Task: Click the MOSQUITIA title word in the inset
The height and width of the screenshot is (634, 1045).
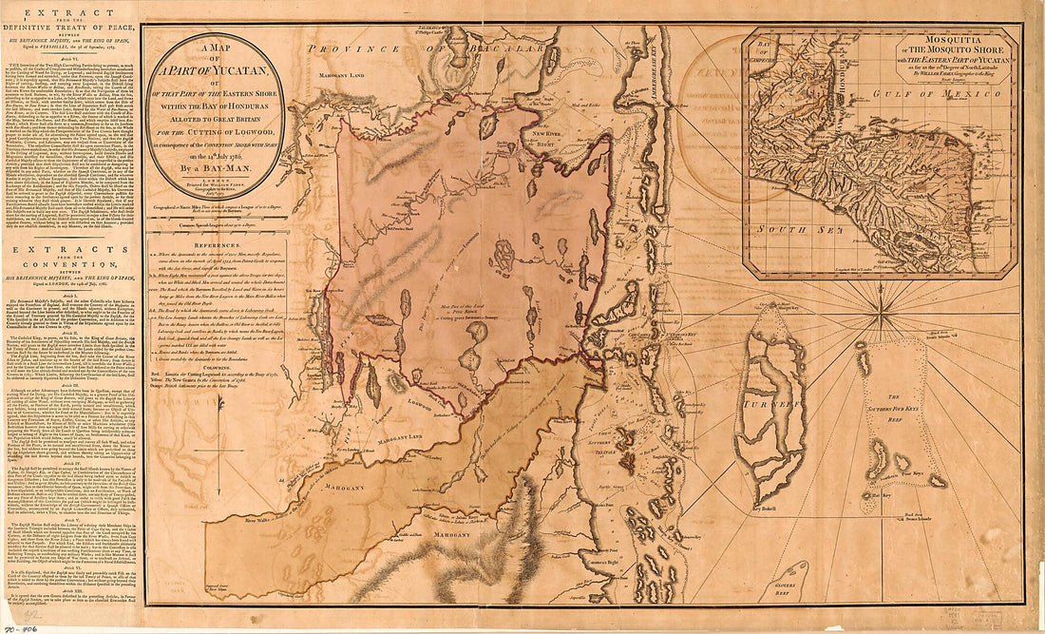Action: pos(932,43)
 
